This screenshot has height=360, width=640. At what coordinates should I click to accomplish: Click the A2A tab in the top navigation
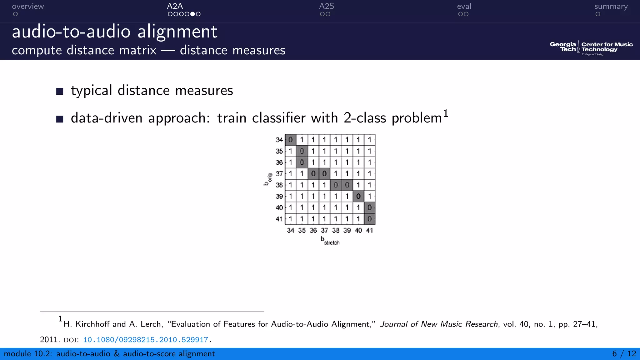pos(175,6)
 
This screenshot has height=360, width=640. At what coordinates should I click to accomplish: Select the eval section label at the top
pos(464,6)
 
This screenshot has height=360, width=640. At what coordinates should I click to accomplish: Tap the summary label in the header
pos(611,6)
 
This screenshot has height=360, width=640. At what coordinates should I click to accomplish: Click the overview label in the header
pos(28,6)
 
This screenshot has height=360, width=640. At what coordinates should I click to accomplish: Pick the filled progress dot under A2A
pos(192,14)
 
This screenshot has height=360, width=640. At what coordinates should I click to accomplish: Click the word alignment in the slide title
pos(177,32)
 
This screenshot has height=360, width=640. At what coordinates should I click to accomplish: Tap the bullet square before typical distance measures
pos(60,91)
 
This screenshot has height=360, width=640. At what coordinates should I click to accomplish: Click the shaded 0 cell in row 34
pos(291,140)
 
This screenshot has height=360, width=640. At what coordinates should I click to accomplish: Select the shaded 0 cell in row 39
pos(358,196)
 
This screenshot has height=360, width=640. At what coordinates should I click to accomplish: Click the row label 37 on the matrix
pos(279,174)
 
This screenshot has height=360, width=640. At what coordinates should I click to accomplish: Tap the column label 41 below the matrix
pos(369,230)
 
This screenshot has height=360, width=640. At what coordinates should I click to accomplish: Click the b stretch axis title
pos(330,241)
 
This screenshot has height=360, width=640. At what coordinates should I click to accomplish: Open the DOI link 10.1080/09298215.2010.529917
pos(146,340)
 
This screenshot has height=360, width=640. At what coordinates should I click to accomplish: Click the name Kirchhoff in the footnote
pos(92,324)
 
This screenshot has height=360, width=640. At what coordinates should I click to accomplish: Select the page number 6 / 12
pos(624,354)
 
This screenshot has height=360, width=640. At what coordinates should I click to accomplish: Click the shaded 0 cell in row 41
pos(370,219)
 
